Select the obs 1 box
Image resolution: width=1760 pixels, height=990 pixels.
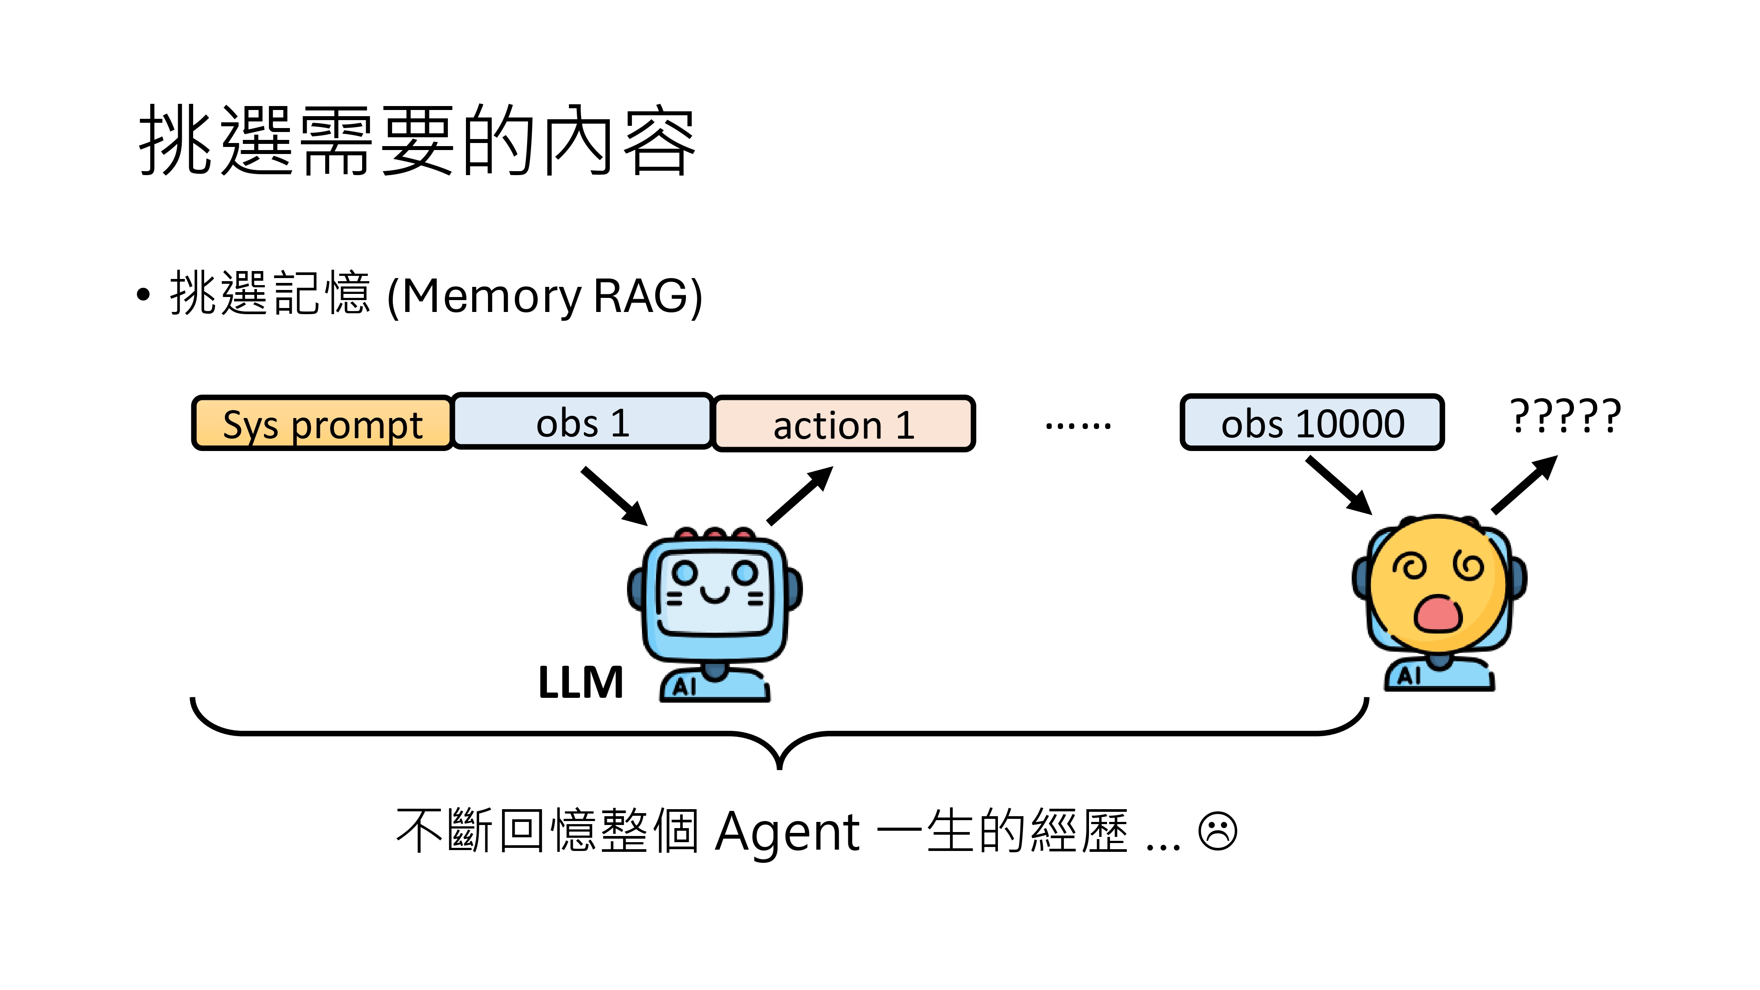[582, 422]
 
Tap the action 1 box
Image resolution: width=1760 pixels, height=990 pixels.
[844, 424]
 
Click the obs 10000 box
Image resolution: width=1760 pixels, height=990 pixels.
[1312, 423]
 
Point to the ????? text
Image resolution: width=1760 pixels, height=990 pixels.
[1565, 415]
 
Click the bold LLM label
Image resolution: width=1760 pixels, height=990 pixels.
[581, 682]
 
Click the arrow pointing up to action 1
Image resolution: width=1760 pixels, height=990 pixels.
[800, 495]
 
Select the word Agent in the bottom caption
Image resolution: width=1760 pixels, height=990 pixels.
[787, 832]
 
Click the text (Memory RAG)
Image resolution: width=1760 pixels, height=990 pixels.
[545, 296]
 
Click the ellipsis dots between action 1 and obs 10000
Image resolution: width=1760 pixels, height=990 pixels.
[1078, 425]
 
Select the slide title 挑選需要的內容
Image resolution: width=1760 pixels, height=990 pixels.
[417, 140]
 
